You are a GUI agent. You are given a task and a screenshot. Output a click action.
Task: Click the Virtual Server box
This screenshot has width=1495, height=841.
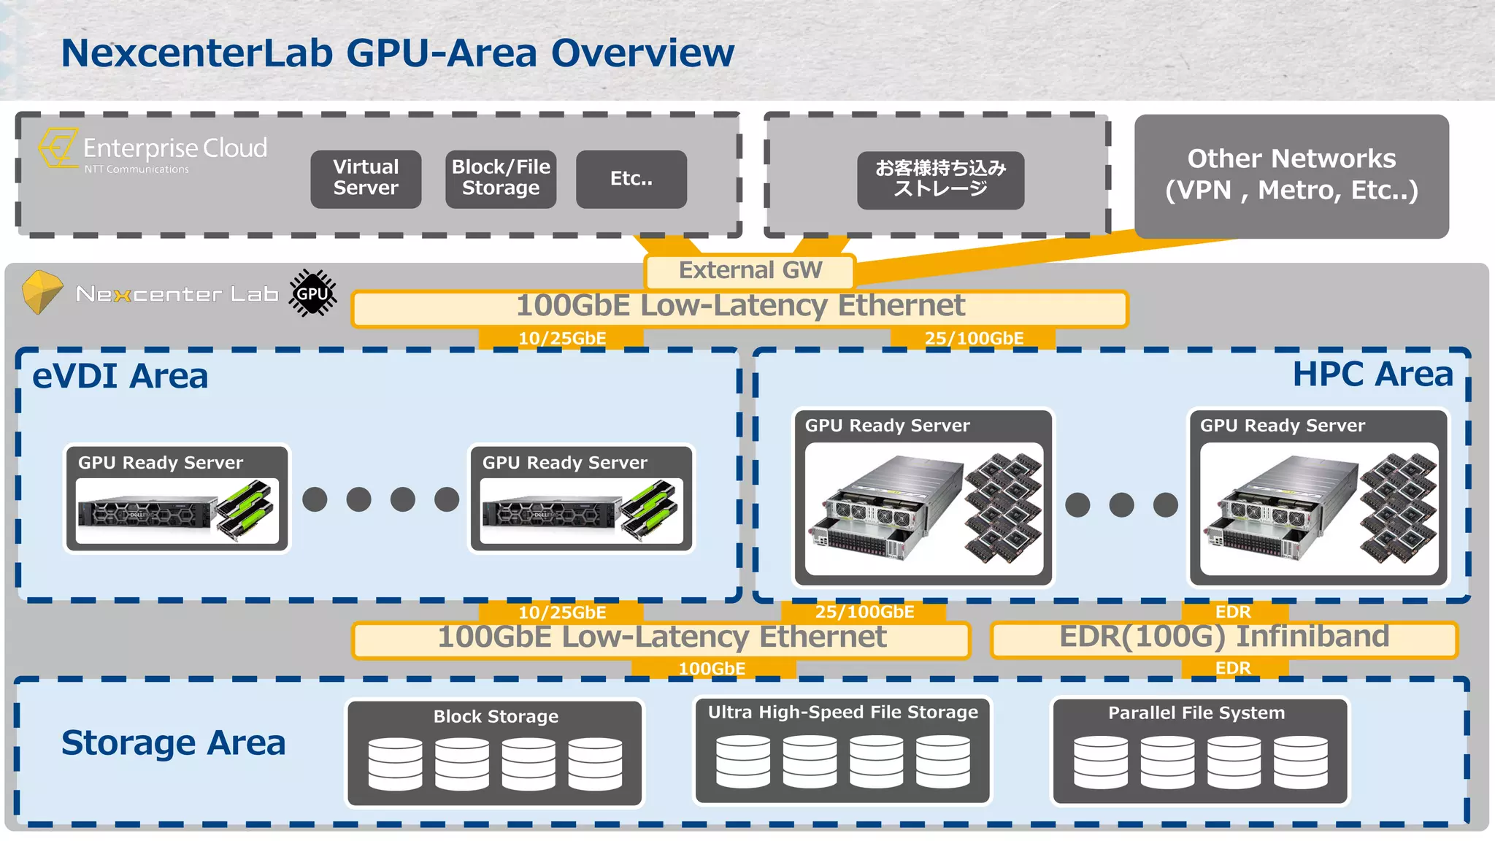pyautogui.click(x=366, y=179)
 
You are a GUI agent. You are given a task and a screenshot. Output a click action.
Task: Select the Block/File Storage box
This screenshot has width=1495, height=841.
pyautogui.click(x=501, y=179)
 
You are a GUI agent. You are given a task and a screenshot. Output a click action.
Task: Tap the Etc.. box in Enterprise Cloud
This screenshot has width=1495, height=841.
pyautogui.click(x=631, y=179)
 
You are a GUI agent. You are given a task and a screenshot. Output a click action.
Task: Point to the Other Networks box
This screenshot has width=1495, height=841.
pyautogui.click(x=1291, y=175)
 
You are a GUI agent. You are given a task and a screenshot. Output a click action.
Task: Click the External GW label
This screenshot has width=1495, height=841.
pyautogui.click(x=750, y=271)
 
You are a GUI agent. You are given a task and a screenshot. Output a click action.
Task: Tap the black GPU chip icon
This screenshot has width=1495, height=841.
pyautogui.click(x=312, y=293)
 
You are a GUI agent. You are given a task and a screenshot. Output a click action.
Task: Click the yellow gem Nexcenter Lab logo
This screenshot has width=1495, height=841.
pyautogui.click(x=42, y=291)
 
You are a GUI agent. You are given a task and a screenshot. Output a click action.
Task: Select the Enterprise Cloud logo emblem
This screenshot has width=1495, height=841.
pyautogui.click(x=58, y=148)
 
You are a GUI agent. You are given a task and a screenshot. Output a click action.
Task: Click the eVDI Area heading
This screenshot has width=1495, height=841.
pyautogui.click(x=120, y=377)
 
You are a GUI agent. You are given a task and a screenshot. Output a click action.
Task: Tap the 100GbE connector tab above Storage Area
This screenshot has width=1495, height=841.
pyautogui.click(x=712, y=669)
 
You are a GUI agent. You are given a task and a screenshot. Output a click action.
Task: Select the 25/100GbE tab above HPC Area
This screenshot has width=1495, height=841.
pyautogui.click(x=973, y=339)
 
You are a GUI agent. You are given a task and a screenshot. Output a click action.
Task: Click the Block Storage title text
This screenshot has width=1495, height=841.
pyautogui.click(x=496, y=717)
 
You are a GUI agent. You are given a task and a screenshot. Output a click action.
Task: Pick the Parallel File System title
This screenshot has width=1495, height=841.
pyautogui.click(x=1196, y=713)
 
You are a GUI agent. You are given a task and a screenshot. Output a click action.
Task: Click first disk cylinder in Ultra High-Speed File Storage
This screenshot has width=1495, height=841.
pyautogui.click(x=742, y=761)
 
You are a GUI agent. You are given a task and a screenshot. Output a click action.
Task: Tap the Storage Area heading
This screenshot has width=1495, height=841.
pyautogui.click(x=173, y=743)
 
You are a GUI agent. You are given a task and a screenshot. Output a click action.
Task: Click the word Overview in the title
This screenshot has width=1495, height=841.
pyautogui.click(x=642, y=53)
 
